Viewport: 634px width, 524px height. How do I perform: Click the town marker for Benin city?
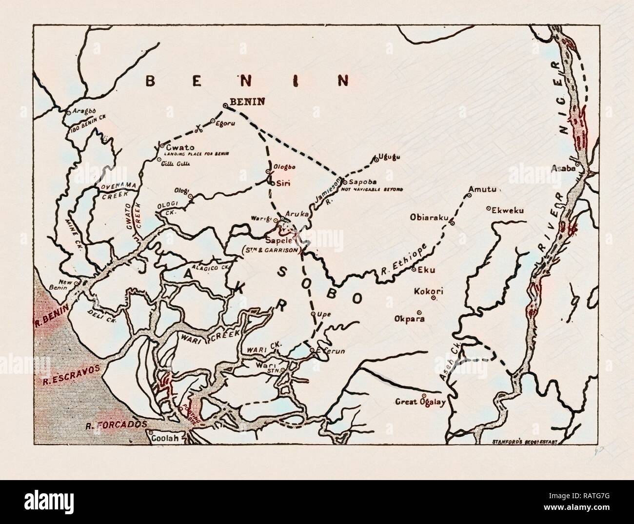pos(225,105)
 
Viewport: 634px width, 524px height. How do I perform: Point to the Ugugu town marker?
pos(376,158)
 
